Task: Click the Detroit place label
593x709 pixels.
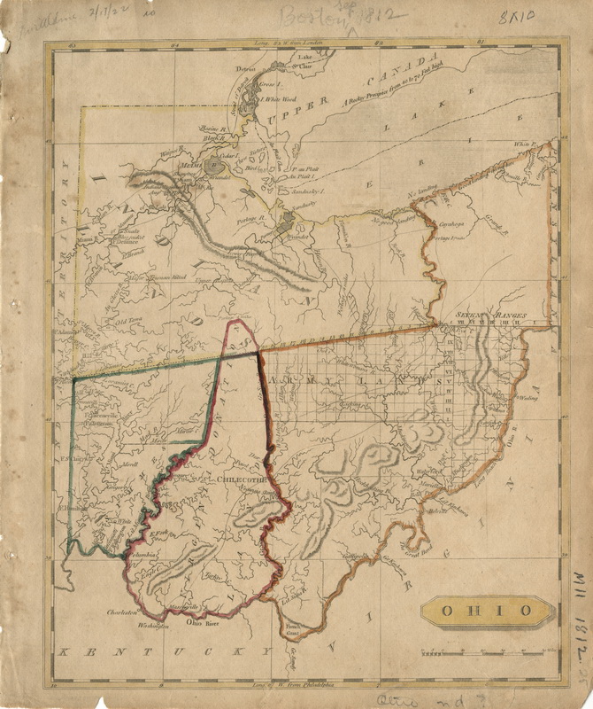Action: click(245, 69)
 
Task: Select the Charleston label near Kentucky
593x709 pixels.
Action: click(124, 612)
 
